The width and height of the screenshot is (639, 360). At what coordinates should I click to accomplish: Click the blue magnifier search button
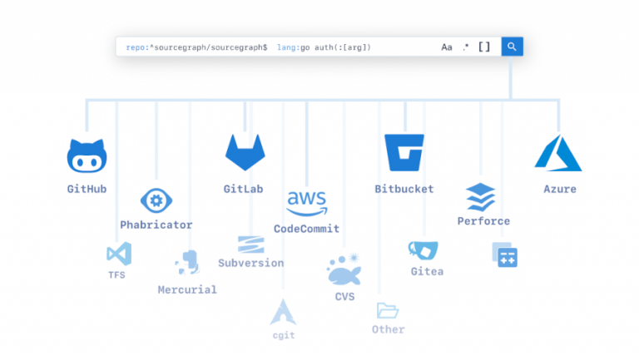[512, 47]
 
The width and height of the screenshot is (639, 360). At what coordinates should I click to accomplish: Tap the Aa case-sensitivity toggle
[447, 47]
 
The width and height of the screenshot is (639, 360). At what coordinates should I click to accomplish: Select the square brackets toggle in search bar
[484, 47]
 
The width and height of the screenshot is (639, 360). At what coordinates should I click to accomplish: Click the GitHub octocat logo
[87, 155]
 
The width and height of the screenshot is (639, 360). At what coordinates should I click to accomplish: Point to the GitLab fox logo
[245, 152]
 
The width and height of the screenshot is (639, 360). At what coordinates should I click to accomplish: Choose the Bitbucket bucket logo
[404, 152]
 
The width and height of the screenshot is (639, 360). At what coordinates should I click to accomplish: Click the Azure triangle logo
[558, 153]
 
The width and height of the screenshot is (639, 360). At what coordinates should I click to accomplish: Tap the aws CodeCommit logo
[307, 203]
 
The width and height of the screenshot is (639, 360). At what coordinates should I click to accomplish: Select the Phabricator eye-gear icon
[156, 200]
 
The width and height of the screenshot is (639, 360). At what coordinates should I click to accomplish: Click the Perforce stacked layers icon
[480, 197]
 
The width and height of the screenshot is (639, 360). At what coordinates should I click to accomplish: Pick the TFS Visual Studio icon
[119, 254]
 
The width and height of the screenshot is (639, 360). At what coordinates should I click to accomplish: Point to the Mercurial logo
[188, 263]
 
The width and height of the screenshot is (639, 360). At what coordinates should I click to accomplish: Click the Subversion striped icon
[251, 244]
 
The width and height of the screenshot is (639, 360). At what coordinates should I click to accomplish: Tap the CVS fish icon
[344, 269]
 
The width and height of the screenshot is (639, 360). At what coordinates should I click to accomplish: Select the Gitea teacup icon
[424, 250]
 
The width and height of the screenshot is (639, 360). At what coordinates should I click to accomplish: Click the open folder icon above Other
[387, 311]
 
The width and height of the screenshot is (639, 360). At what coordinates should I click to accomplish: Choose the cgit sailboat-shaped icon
[283, 313]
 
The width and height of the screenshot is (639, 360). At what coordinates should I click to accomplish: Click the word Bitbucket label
[404, 189]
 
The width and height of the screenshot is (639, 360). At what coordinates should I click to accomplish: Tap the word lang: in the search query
[288, 47]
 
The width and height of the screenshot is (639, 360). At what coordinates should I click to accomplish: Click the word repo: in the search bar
[137, 47]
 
